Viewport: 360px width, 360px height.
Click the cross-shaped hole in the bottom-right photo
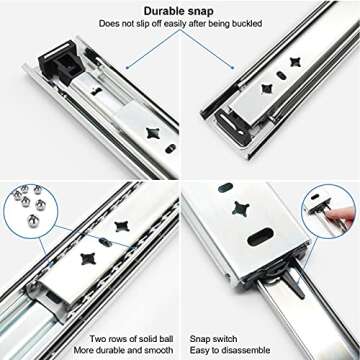(x=241, y=210)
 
